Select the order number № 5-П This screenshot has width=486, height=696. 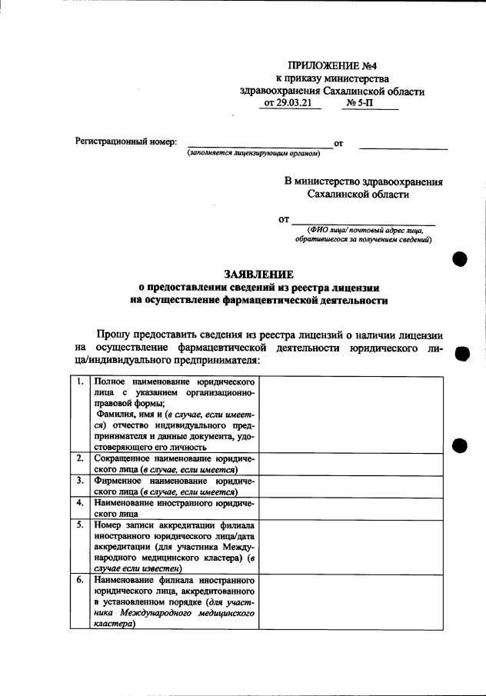[360, 103]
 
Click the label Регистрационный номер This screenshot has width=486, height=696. [125, 142]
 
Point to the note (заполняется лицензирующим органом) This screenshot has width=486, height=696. [253, 153]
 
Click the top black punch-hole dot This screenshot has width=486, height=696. [461, 258]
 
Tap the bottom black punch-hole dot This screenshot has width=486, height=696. [461, 445]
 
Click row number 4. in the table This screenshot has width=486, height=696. [80, 503]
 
